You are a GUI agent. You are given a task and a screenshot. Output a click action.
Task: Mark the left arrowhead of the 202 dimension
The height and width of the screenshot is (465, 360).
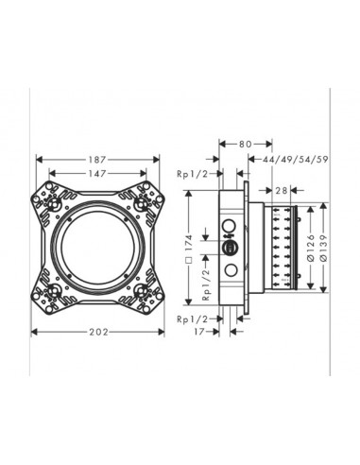click(x=36, y=331)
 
